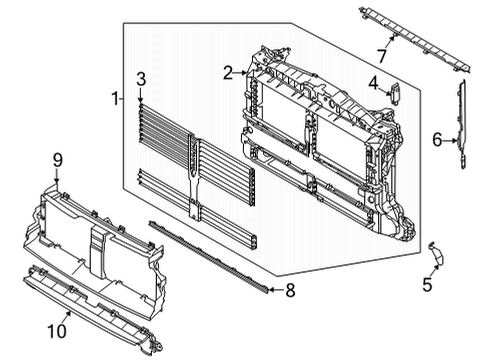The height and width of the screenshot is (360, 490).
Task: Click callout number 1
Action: point(116,98)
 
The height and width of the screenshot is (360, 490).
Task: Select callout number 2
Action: point(228,72)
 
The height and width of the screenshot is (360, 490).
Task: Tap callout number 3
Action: point(141,78)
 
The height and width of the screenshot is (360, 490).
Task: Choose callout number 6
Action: point(436,139)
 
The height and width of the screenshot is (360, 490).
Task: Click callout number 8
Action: point(291,292)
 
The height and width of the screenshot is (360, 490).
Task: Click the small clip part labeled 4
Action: point(394,93)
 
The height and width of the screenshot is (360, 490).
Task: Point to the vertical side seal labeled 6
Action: point(462,125)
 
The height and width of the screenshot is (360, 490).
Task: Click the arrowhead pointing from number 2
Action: point(247,71)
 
